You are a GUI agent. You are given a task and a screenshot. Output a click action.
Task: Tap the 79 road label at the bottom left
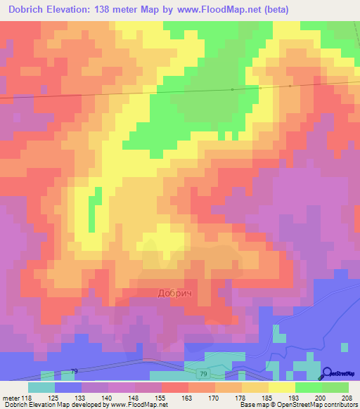74,370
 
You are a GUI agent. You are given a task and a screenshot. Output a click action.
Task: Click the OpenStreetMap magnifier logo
327,374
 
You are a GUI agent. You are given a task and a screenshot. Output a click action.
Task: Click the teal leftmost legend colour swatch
41,387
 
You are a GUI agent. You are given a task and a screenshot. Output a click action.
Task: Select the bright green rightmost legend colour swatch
335,387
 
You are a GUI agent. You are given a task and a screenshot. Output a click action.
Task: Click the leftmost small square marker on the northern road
232,89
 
